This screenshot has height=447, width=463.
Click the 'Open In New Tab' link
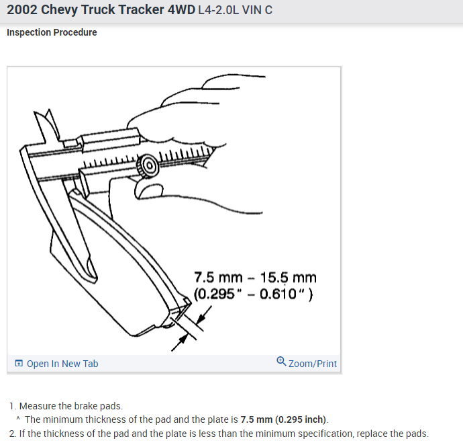62,364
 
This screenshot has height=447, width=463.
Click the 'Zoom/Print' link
312,364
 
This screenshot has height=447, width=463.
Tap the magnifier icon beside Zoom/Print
281,362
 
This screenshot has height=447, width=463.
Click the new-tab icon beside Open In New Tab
19,364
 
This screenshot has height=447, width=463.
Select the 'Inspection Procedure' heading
52,32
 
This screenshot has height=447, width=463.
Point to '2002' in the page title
23,11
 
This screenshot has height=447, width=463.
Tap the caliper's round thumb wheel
147,165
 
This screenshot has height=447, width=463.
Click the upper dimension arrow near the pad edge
207,313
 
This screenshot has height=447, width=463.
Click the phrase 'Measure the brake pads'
70,406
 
